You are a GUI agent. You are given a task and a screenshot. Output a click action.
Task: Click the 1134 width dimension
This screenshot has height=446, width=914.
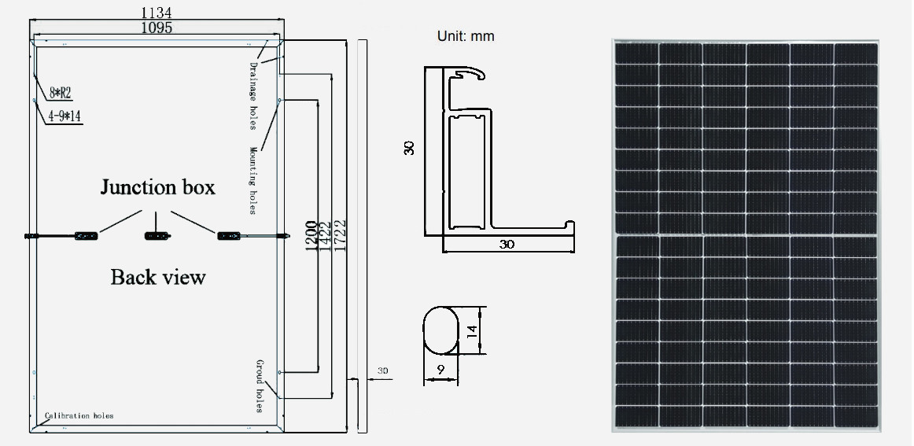coord(156,13)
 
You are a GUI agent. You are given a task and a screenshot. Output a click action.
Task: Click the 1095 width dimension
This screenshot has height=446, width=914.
coord(157,28)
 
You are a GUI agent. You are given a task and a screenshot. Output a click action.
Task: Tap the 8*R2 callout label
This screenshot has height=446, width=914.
coord(61,93)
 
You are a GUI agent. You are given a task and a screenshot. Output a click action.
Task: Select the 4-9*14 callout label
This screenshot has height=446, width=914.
coord(64,116)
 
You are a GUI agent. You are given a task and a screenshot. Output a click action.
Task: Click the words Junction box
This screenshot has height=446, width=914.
coord(157,187)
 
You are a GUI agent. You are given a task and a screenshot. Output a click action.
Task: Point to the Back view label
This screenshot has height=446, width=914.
coord(157,277)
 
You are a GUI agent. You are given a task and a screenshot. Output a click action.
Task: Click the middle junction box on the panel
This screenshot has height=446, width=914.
coord(156,235)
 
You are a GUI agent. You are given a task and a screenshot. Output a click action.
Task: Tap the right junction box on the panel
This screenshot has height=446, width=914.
coord(228,235)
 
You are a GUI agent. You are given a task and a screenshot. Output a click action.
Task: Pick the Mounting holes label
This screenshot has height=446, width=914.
coord(254,180)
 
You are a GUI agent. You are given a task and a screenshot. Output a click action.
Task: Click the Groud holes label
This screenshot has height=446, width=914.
coord(259,385)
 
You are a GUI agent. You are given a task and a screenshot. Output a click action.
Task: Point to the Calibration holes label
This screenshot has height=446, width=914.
coord(79,415)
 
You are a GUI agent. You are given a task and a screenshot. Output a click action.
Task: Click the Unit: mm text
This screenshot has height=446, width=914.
coord(466,37)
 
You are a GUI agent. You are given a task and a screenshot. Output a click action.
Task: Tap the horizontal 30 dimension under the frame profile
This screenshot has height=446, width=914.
coord(507,245)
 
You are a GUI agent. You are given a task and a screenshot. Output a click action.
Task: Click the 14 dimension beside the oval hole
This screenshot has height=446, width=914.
coord(472,331)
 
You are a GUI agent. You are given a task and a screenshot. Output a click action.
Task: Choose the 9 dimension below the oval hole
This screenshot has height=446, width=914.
coord(440,368)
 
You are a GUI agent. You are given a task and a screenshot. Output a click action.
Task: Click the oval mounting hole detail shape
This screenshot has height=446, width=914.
coord(440,331)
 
